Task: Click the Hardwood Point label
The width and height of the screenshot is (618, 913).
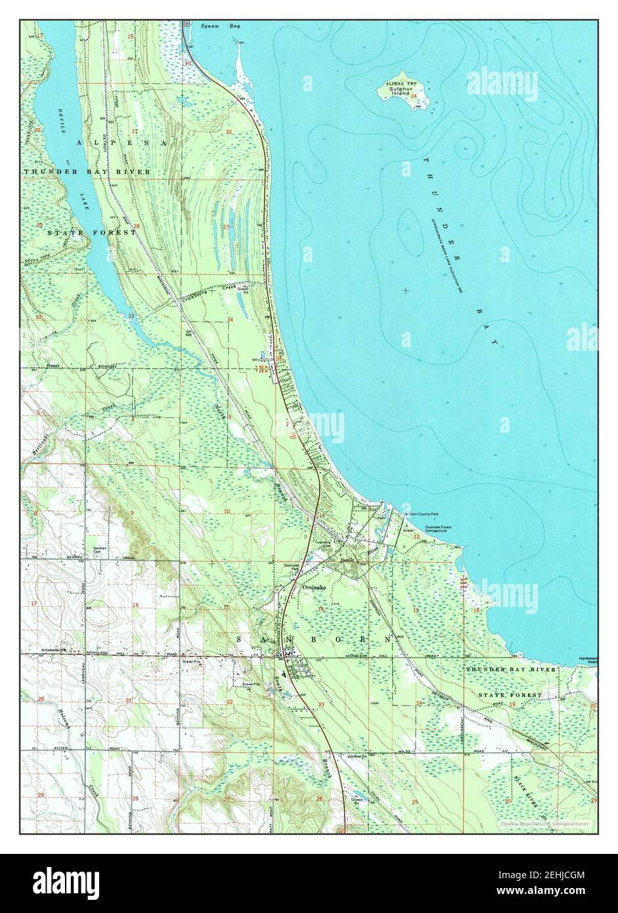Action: pyautogui.click(x=586, y=659)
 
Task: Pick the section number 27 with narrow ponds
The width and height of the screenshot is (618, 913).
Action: pyautogui.click(x=226, y=227)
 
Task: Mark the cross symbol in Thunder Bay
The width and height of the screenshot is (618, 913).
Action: pyautogui.click(x=406, y=290)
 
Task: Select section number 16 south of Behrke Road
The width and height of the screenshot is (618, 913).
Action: pyautogui.click(x=135, y=604)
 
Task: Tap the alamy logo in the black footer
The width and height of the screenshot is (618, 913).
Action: pyautogui.click(x=66, y=883)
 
